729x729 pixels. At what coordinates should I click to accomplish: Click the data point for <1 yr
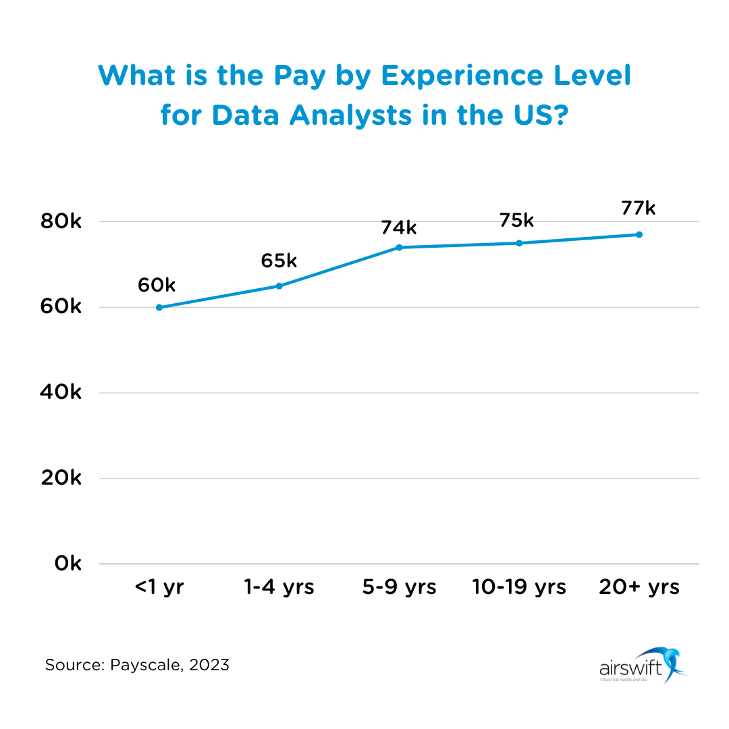pyautogui.click(x=159, y=307)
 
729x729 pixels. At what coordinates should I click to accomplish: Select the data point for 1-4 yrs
pyautogui.click(x=279, y=286)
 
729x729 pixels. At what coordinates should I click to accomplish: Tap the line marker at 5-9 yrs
pyautogui.click(x=399, y=248)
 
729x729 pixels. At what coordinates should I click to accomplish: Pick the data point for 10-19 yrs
pyautogui.click(x=519, y=243)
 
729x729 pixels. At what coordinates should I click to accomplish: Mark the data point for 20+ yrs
pyautogui.click(x=639, y=235)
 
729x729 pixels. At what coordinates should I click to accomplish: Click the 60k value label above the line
pyautogui.click(x=157, y=286)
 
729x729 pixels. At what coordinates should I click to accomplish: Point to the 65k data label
pyautogui.click(x=279, y=261)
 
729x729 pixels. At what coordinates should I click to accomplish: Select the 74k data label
pyautogui.click(x=399, y=227)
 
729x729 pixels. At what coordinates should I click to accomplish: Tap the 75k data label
pyautogui.click(x=516, y=221)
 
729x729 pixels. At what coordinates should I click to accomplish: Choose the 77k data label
pyautogui.click(x=638, y=208)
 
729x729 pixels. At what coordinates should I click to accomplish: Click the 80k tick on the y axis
pyautogui.click(x=61, y=221)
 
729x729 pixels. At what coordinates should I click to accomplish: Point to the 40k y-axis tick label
pyautogui.click(x=61, y=392)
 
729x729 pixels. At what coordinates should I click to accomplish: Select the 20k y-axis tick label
pyautogui.click(x=61, y=478)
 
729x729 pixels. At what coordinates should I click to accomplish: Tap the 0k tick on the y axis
pyautogui.click(x=67, y=564)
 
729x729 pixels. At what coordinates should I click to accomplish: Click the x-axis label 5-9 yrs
pyautogui.click(x=399, y=587)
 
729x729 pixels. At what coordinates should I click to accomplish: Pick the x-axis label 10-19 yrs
pyautogui.click(x=519, y=587)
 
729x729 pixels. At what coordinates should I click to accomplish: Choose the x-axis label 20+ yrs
pyautogui.click(x=639, y=587)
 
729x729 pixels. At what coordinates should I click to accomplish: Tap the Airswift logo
pyautogui.click(x=641, y=665)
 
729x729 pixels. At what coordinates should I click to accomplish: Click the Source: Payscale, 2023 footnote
pyautogui.click(x=137, y=665)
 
